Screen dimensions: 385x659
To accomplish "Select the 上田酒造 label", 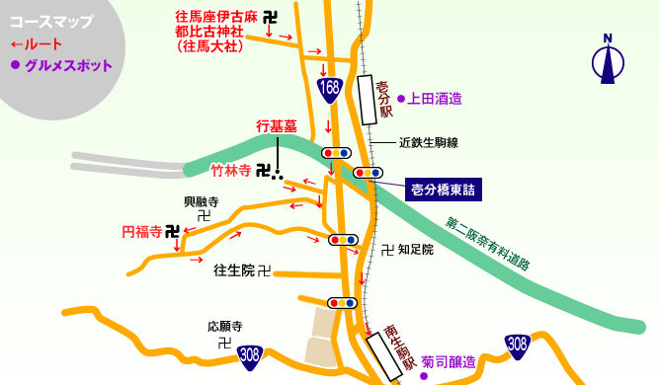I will tap(435, 99).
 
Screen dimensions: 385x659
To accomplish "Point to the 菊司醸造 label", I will tap(449, 362).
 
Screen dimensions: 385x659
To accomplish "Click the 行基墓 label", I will tap(277, 126).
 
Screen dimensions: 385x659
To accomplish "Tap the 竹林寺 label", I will tap(230, 170).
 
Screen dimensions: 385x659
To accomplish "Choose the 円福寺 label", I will tap(141, 232).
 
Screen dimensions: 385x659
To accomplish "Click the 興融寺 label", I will tap(201, 201).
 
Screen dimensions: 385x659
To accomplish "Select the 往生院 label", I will tap(234, 269).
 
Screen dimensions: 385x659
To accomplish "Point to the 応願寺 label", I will tap(225, 326).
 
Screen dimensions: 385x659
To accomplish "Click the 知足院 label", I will tap(415, 250).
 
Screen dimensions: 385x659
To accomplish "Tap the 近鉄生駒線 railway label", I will tap(429, 143).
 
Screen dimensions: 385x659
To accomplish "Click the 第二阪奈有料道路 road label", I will tap(488, 244).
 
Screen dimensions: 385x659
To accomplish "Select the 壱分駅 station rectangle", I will tap(367, 100).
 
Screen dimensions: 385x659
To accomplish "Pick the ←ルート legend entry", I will tap(37, 44).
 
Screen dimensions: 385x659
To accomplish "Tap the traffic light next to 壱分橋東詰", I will tap(368, 173).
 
